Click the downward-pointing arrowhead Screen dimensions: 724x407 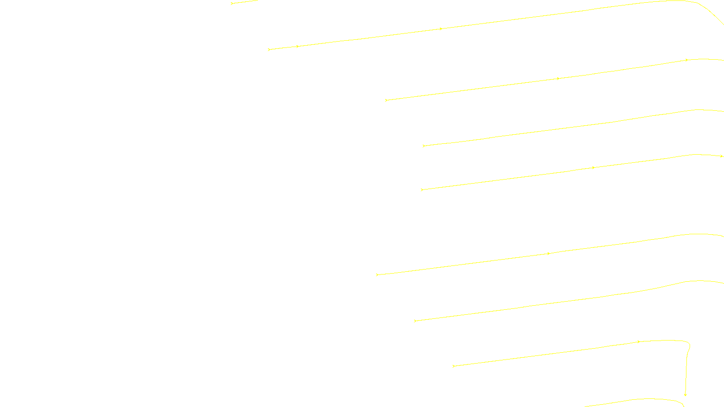685,394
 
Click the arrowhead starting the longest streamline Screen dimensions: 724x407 269,49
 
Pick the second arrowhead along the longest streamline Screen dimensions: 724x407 297,46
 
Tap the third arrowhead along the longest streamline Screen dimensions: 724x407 441,29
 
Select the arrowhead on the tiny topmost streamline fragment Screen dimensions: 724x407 232,3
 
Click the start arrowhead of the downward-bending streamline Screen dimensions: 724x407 453,366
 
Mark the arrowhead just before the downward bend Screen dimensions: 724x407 638,342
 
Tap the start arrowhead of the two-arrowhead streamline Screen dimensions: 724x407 377,274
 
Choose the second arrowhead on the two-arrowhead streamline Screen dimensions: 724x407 548,254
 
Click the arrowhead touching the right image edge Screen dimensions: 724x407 721,156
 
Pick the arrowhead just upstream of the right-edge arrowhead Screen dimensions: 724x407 593,168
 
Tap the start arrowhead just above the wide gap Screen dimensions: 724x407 422,190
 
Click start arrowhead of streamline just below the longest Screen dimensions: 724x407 386,100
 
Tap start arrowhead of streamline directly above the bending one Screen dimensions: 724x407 415,321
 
